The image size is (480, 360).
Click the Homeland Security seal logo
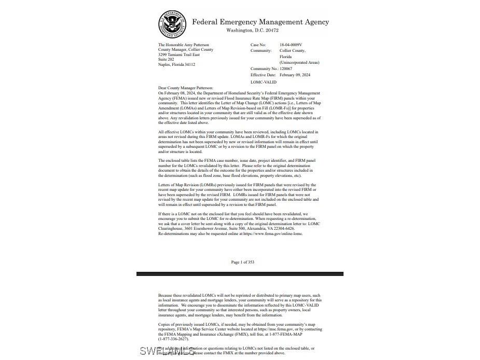click(x=172, y=24)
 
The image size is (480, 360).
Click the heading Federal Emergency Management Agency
click(x=260, y=22)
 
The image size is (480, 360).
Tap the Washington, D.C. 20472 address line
click(x=252, y=31)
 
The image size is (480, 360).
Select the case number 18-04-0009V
click(x=291, y=45)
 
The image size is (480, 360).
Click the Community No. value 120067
click(x=286, y=68)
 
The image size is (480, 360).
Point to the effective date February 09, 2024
click(x=295, y=75)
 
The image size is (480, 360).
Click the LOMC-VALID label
click(x=264, y=82)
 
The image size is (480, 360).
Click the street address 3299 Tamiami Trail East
click(x=179, y=55)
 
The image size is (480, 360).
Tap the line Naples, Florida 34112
click(x=177, y=65)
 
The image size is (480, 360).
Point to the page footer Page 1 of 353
click(x=243, y=262)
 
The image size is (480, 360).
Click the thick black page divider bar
click(x=240, y=273)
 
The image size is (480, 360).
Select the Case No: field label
click(x=258, y=45)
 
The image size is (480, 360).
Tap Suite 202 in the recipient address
click(x=166, y=60)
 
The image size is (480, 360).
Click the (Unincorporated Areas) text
click(x=299, y=62)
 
